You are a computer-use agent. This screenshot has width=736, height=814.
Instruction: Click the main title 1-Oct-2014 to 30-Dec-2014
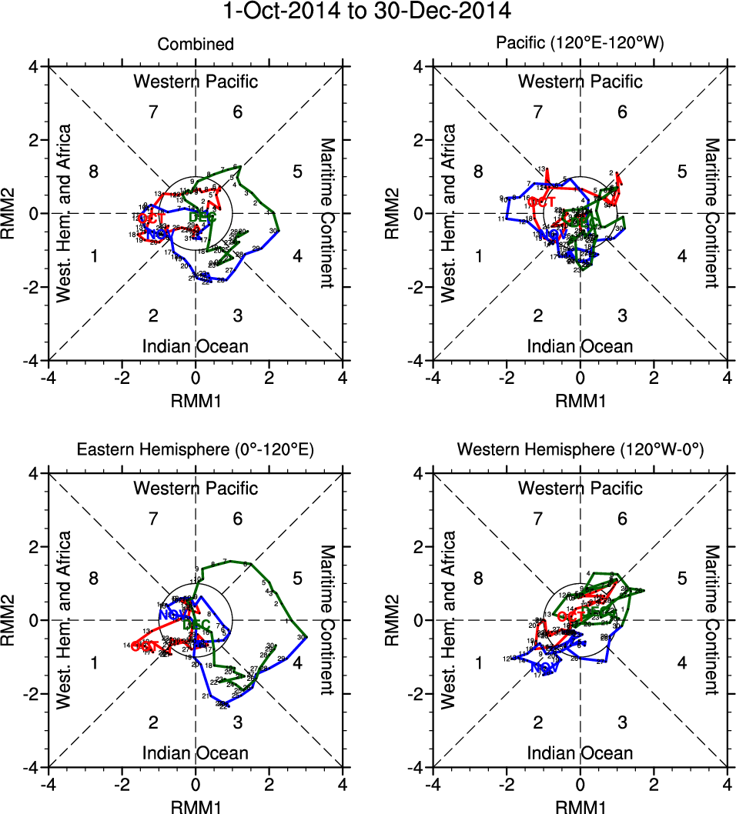[x=368, y=12]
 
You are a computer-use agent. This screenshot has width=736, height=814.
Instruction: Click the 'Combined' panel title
[x=196, y=45]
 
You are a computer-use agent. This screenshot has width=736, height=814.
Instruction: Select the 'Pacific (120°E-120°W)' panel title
[x=580, y=45]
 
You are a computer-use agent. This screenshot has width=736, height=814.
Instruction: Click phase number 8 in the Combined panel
[x=94, y=171]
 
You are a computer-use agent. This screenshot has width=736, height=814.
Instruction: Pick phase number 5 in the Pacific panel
[x=681, y=171]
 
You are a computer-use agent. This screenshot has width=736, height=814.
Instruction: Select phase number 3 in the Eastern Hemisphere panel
[x=238, y=722]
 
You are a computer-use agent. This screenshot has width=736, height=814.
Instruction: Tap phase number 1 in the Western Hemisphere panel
[x=479, y=662]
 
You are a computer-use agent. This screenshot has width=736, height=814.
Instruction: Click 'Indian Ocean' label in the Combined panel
[x=196, y=346]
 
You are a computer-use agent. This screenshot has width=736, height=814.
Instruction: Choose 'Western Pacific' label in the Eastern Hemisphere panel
[x=196, y=488]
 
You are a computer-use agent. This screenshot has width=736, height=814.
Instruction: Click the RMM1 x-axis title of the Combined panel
[x=196, y=400]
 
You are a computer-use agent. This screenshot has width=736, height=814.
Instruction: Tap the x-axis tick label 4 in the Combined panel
[x=343, y=379]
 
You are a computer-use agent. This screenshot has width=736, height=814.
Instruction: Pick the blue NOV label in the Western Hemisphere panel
[x=544, y=668]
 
